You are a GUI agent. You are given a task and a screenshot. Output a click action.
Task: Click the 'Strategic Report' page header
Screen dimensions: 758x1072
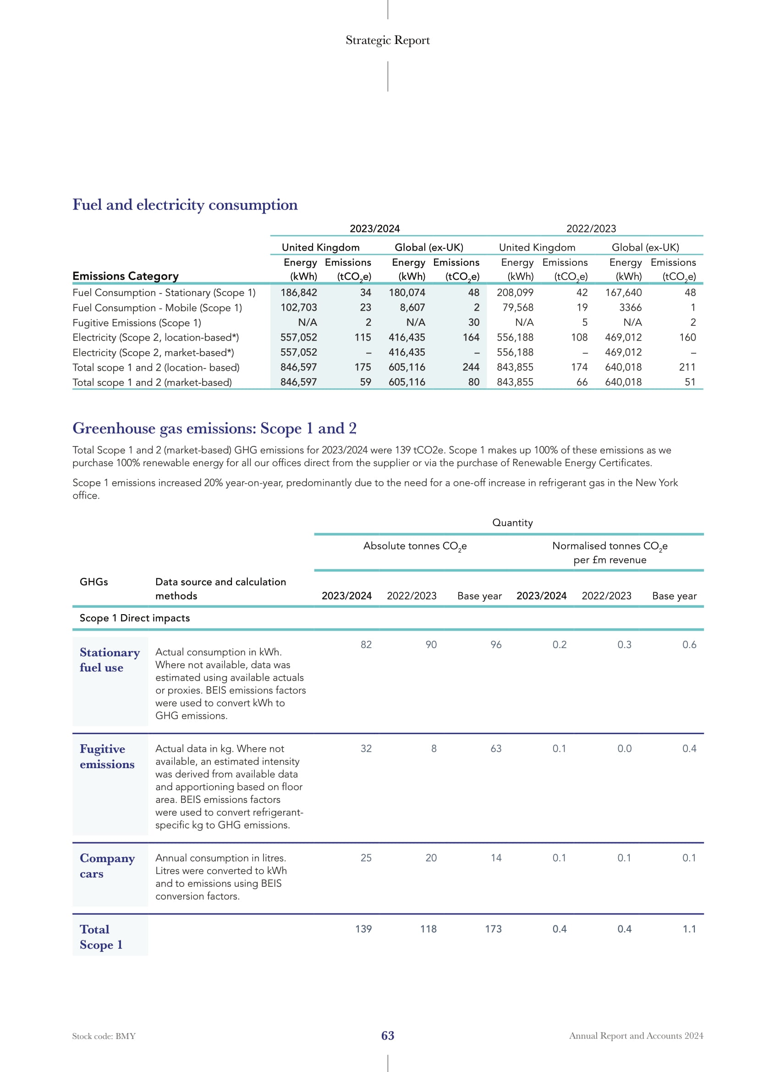coord(387,40)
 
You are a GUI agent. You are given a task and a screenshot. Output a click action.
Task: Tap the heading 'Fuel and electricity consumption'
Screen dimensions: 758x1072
coord(185,205)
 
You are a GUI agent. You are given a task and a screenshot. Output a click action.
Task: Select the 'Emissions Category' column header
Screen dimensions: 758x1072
coord(126,276)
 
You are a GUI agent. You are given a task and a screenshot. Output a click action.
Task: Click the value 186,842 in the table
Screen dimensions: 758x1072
coord(299,292)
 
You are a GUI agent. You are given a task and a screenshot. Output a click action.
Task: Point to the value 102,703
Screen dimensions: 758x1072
coord(299,307)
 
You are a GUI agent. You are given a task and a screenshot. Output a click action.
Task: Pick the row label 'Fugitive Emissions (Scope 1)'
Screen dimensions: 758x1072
coord(137,323)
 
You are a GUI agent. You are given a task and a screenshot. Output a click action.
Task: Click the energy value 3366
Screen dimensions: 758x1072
coord(630,307)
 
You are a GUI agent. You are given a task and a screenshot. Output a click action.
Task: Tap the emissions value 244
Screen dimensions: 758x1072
coord(471,367)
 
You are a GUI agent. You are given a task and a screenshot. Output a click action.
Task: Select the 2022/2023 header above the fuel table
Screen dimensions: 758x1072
coord(591,228)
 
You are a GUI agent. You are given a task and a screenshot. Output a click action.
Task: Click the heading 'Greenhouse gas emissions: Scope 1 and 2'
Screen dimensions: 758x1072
coord(214,428)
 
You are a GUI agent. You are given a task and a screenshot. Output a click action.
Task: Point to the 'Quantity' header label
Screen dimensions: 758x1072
coord(512,522)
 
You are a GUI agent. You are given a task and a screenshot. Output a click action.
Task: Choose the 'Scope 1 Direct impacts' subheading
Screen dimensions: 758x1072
coord(135,618)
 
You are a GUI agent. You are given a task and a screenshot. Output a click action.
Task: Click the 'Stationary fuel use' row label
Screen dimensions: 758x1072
coord(110,660)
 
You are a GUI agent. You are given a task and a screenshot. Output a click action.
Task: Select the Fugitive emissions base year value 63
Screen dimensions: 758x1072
coord(496,748)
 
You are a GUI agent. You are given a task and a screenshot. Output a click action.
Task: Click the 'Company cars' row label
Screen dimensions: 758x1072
coord(107,866)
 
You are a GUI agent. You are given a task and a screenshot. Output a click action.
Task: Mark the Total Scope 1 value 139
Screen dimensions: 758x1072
coord(363,929)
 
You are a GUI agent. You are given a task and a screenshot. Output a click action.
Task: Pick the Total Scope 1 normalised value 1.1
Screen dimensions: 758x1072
coord(689,929)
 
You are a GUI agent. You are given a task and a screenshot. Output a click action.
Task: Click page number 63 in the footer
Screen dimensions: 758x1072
coord(387,1036)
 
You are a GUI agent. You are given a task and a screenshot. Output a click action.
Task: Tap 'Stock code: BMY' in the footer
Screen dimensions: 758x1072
coord(104,1036)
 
